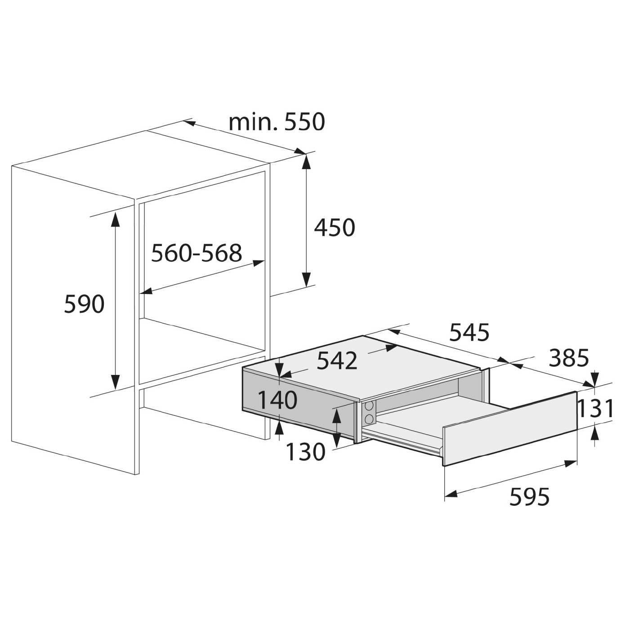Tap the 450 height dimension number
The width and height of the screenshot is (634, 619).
pos(334,227)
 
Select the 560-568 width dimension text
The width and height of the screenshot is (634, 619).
pos(196,253)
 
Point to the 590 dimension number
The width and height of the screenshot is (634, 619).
pos(84,303)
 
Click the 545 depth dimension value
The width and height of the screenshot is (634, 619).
pos(469,332)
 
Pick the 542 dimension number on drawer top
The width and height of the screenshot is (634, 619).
pos(337,361)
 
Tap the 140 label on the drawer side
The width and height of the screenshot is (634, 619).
pos(277,400)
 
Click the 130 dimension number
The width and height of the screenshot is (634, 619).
pos(305,451)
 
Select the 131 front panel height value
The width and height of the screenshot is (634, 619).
pos(595,408)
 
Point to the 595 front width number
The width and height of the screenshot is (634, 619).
pos(529,496)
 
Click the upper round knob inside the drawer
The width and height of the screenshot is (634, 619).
pos(369,406)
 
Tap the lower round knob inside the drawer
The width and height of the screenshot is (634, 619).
pos(369,419)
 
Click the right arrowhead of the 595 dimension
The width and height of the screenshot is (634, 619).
pos(570,463)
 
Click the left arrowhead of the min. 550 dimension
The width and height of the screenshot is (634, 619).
pos(189,123)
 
